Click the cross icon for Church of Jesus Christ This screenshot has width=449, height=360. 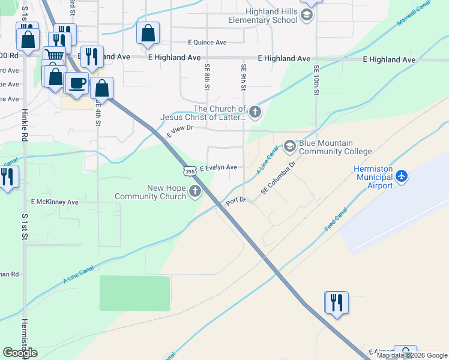pyautogui.click(x=255, y=112)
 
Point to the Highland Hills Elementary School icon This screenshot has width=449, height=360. pyautogui.click(x=307, y=16)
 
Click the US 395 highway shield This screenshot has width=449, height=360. pyautogui.click(x=190, y=172)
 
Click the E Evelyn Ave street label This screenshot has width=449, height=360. pyautogui.click(x=218, y=168)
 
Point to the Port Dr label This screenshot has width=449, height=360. pyautogui.click(x=236, y=202)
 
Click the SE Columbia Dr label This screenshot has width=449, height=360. pyautogui.click(x=279, y=177)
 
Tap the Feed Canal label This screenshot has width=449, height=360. pyautogui.click(x=336, y=221)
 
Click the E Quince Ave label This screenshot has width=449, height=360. pyautogui.click(x=207, y=43)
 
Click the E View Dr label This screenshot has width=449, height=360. pyautogui.click(x=179, y=131)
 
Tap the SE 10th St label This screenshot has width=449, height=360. pyautogui.click(x=316, y=80)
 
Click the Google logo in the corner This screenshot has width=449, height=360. pyautogui.click(x=20, y=352)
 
